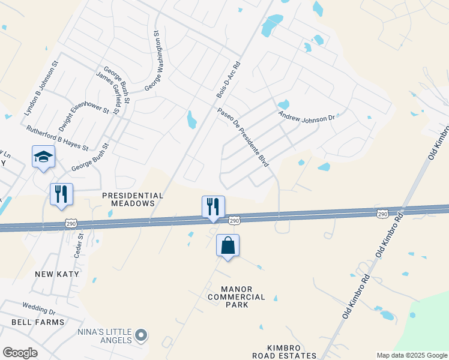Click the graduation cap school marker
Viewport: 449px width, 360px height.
(x=44, y=157)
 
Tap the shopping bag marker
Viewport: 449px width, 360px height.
(x=228, y=245)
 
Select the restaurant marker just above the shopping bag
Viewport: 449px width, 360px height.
(x=213, y=207)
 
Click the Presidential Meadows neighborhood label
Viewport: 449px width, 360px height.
(x=133, y=199)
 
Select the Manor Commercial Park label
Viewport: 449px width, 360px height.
(x=237, y=296)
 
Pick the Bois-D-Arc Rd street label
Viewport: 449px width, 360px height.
(x=228, y=80)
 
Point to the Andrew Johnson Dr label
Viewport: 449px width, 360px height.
(x=306, y=115)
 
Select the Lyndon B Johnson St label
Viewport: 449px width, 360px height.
(x=41, y=88)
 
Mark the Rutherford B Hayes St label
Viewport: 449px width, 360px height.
(x=57, y=138)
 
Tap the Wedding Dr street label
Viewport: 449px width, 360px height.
(x=39, y=310)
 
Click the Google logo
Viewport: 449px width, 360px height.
(x=20, y=353)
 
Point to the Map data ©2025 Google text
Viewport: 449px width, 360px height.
(x=411, y=355)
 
